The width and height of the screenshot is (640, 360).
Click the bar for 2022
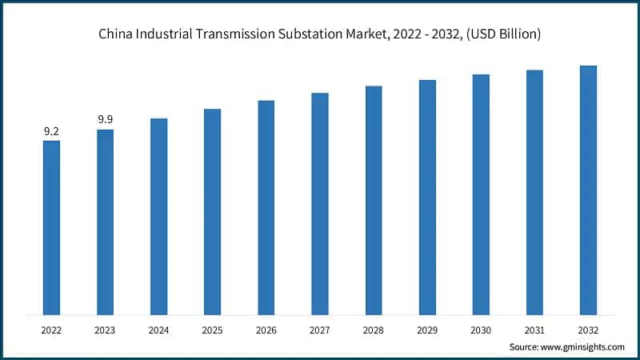point(51,227)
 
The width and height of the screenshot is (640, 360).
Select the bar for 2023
point(105,222)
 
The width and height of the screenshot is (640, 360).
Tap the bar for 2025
point(212,211)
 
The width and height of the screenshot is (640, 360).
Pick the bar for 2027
point(320,203)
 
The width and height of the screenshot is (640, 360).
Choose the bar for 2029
point(427,197)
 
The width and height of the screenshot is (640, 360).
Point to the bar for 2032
point(588,190)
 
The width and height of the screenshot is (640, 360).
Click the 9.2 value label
point(51,131)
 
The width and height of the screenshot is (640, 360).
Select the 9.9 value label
point(105,120)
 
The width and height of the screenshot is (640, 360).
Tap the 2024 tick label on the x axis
point(158,328)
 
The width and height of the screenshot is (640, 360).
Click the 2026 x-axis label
point(266,328)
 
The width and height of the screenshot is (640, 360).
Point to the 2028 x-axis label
point(374,328)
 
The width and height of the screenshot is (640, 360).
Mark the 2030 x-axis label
point(481,328)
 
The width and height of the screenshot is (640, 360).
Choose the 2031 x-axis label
point(534,328)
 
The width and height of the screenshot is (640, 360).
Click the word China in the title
point(115,34)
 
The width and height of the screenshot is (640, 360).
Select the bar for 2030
point(481,194)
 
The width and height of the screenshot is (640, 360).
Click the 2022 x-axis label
point(51,328)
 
